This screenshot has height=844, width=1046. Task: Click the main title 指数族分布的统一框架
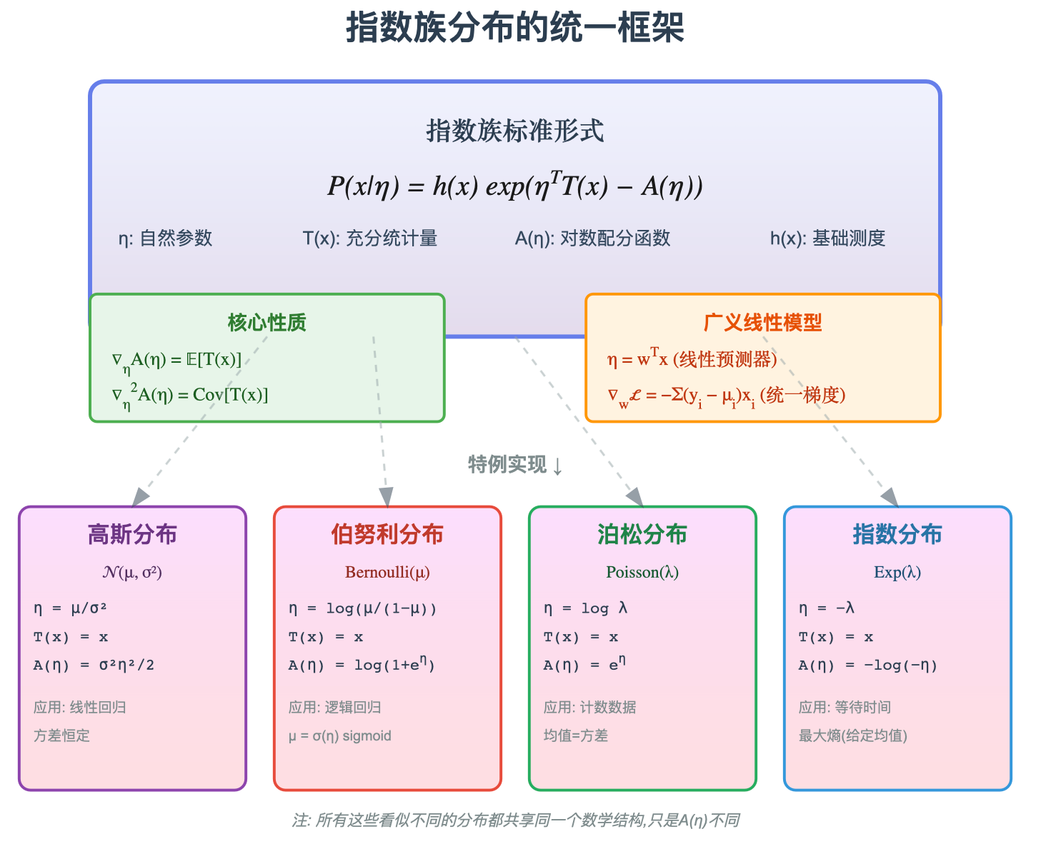point(514,29)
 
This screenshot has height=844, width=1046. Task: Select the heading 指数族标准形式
point(514,131)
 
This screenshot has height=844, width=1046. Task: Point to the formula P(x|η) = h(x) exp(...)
point(514,186)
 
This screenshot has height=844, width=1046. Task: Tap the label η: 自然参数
point(165,238)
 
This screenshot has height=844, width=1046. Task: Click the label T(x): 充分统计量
point(369,238)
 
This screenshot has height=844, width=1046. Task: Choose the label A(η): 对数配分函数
point(592,238)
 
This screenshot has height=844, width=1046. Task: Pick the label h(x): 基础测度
point(827,238)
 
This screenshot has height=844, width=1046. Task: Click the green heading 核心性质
point(267,323)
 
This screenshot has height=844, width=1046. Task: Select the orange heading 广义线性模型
point(762,323)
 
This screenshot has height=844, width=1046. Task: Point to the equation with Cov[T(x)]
point(190,396)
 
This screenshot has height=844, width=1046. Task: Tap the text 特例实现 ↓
point(515,465)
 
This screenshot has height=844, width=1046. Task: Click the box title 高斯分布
point(132,534)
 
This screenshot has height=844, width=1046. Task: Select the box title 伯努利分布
point(387,534)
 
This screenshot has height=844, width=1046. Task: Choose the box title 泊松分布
point(642,534)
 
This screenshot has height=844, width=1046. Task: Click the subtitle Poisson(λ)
point(642,572)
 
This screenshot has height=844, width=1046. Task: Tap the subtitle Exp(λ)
point(897,572)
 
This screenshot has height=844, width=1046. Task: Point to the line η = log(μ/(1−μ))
point(362,608)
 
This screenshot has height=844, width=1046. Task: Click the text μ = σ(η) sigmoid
point(339,736)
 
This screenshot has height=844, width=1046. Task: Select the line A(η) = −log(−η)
point(867,665)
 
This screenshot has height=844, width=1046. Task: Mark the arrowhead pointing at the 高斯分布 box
point(141,497)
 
